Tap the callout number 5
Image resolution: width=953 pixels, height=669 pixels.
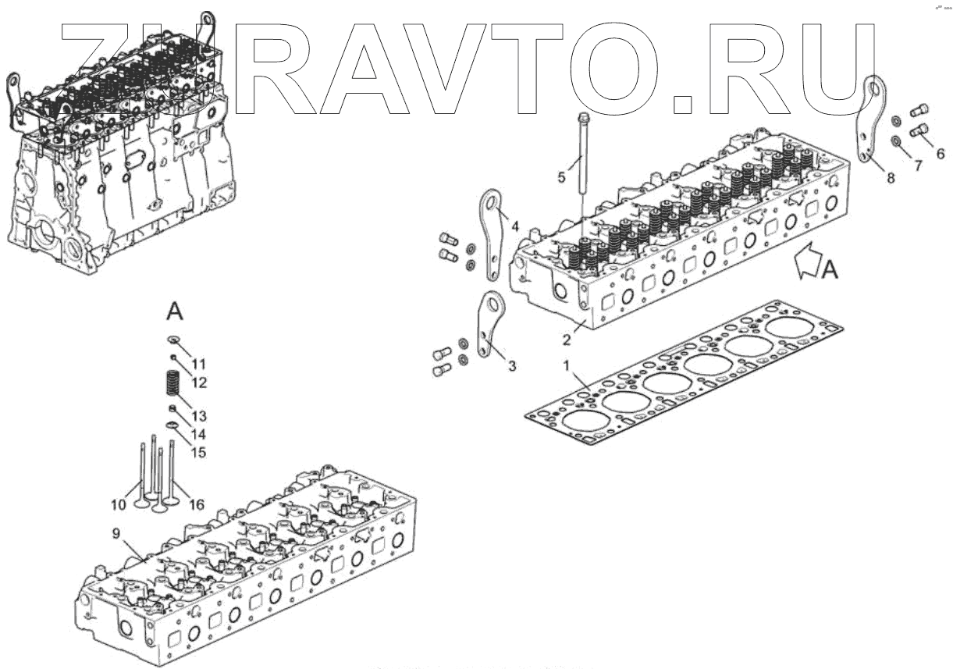(x=561, y=177)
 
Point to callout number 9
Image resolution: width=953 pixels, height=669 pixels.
(x=116, y=534)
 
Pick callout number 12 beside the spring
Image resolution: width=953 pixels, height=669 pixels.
(x=199, y=383)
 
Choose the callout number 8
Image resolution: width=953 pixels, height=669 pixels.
(x=891, y=177)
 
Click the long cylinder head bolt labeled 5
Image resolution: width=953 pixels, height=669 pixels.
(x=584, y=156)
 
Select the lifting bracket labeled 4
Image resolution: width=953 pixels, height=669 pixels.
(x=491, y=234)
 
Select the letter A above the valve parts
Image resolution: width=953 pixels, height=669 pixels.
(x=175, y=312)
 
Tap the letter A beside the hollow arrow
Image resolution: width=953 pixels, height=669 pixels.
(x=830, y=270)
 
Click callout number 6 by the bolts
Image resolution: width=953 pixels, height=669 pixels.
(x=940, y=154)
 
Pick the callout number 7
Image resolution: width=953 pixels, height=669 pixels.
(x=918, y=165)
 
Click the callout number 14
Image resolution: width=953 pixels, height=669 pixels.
(x=199, y=434)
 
